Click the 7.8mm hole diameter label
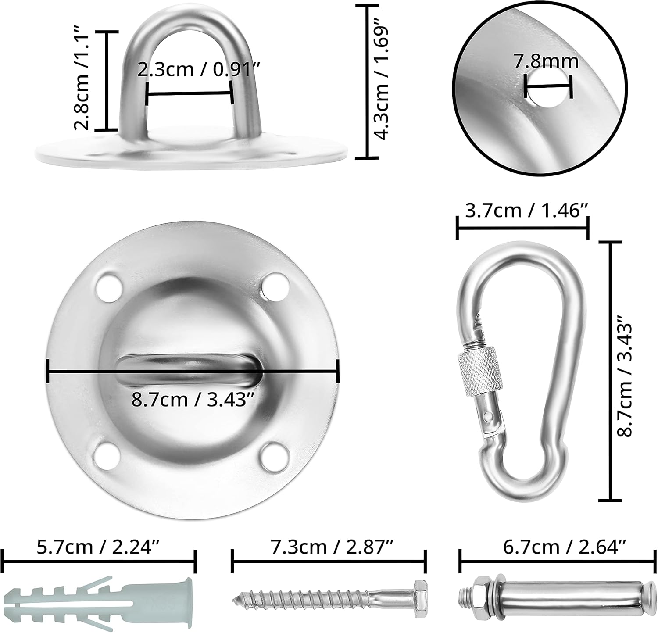(x=546, y=61)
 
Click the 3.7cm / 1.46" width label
(x=526, y=211)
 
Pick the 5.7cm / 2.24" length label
(x=98, y=547)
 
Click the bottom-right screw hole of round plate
(x=273, y=456)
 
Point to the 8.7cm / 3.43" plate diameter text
(x=193, y=399)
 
